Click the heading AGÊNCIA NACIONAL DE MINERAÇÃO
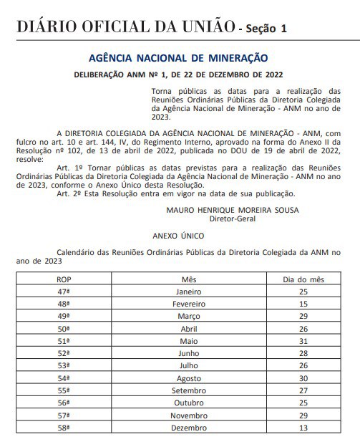pos(177,57)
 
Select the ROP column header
pos(64,279)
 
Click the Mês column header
pos(189,279)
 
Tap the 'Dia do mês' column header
pos(305,279)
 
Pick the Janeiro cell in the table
pos(189,292)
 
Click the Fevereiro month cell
pos(189,304)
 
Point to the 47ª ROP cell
pos(64,292)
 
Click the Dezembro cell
pos(189,428)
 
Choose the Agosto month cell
pos(189,378)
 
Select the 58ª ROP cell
pos(64,428)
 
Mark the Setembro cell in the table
pos(189,390)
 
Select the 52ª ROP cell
pos(64,353)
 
